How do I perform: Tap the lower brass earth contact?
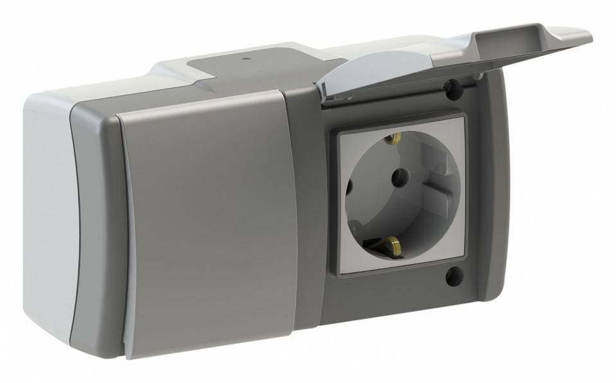390,244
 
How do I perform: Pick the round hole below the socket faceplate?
453,276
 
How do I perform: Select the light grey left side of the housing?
48,212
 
